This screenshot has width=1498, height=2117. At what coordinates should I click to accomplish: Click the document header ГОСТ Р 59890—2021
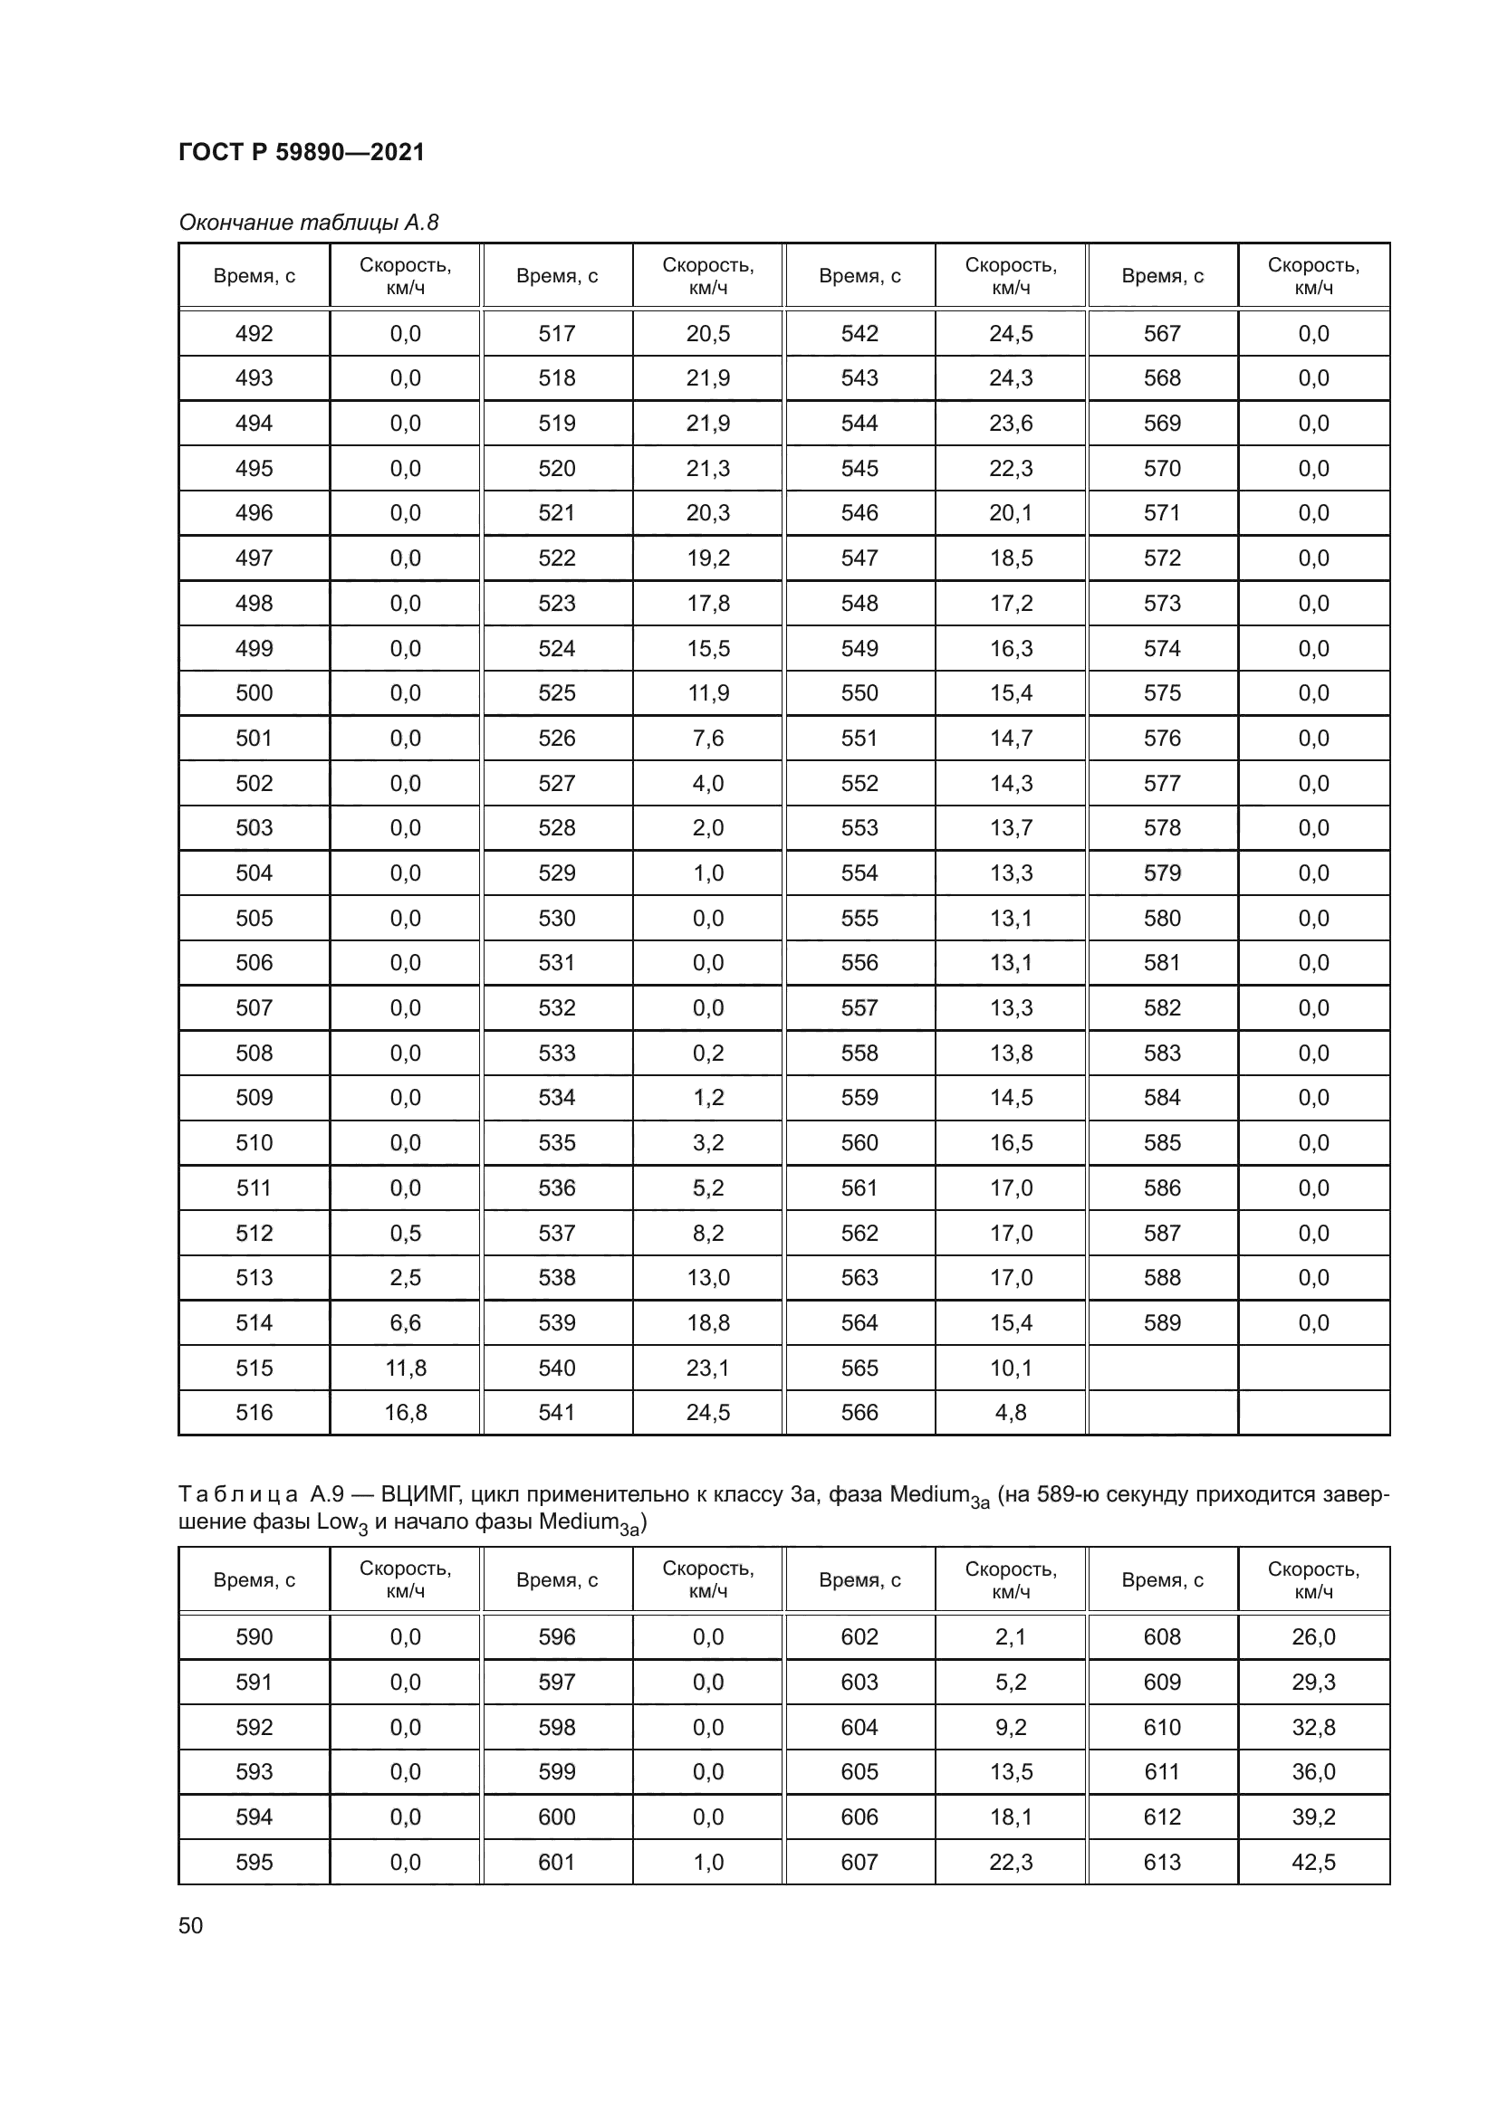[x=301, y=152]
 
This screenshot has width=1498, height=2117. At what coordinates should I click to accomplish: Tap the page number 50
[x=191, y=1925]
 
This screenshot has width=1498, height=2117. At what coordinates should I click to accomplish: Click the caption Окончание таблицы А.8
[x=308, y=223]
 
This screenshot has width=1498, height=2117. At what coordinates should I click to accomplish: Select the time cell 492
[x=254, y=334]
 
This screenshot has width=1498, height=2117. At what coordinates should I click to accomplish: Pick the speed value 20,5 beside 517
[x=707, y=334]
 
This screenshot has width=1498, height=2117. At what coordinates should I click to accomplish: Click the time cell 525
[x=556, y=693]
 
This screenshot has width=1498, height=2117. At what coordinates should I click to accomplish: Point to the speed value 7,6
[x=707, y=739]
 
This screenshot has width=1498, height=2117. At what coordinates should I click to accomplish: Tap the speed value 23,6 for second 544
[x=1011, y=424]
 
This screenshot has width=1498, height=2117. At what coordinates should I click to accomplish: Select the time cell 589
[x=1161, y=1323]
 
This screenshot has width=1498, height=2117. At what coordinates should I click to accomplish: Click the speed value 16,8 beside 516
[x=405, y=1413]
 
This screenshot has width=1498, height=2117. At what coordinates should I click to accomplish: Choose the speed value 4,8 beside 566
[x=1011, y=1413]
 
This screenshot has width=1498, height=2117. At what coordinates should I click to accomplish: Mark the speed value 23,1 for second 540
[x=707, y=1368]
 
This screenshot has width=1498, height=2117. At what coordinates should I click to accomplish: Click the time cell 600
[x=556, y=1817]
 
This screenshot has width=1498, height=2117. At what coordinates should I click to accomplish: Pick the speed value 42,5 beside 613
[x=1313, y=1862]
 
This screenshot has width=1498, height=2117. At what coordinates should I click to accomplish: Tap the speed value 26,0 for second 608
[x=1313, y=1637]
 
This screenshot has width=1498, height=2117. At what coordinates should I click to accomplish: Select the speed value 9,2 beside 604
[x=1011, y=1727]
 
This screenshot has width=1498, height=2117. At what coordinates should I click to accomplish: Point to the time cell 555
[x=859, y=919]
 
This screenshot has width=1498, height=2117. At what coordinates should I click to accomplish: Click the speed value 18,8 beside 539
[x=707, y=1323]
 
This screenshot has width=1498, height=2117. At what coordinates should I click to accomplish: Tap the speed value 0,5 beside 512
[x=405, y=1233]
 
